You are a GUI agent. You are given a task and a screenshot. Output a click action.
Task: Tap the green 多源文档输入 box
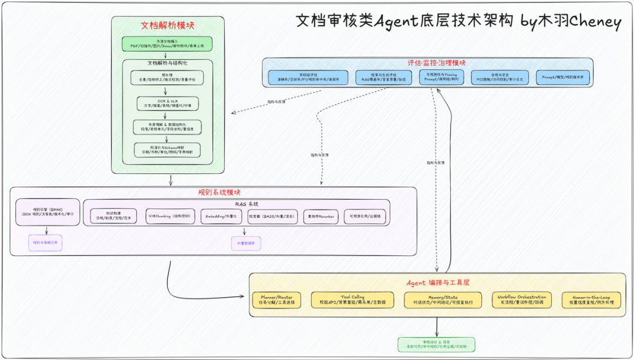pyautogui.click(x=167, y=43)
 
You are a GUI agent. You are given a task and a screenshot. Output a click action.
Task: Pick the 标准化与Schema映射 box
pyautogui.click(x=167, y=149)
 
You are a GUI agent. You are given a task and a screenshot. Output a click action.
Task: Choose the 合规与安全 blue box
pyautogui.click(x=500, y=78)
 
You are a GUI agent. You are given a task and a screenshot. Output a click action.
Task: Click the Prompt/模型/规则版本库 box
pyautogui.click(x=562, y=78)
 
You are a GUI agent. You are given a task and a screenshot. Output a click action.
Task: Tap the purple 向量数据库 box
pyautogui.click(x=245, y=243)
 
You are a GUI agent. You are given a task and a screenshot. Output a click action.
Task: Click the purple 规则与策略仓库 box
pyautogui.click(x=46, y=243)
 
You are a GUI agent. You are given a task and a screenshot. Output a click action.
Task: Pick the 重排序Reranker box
pyautogui.click(x=320, y=216)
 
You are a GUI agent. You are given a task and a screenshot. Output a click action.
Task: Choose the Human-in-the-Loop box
pyautogui.click(x=590, y=300)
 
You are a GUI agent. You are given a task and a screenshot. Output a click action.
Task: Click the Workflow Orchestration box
pyautogui.click(x=521, y=300)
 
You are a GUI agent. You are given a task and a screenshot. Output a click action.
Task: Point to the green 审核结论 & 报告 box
pyautogui.click(x=436, y=344)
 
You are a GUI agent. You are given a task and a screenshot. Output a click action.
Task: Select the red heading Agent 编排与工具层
pyautogui.click(x=438, y=282)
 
